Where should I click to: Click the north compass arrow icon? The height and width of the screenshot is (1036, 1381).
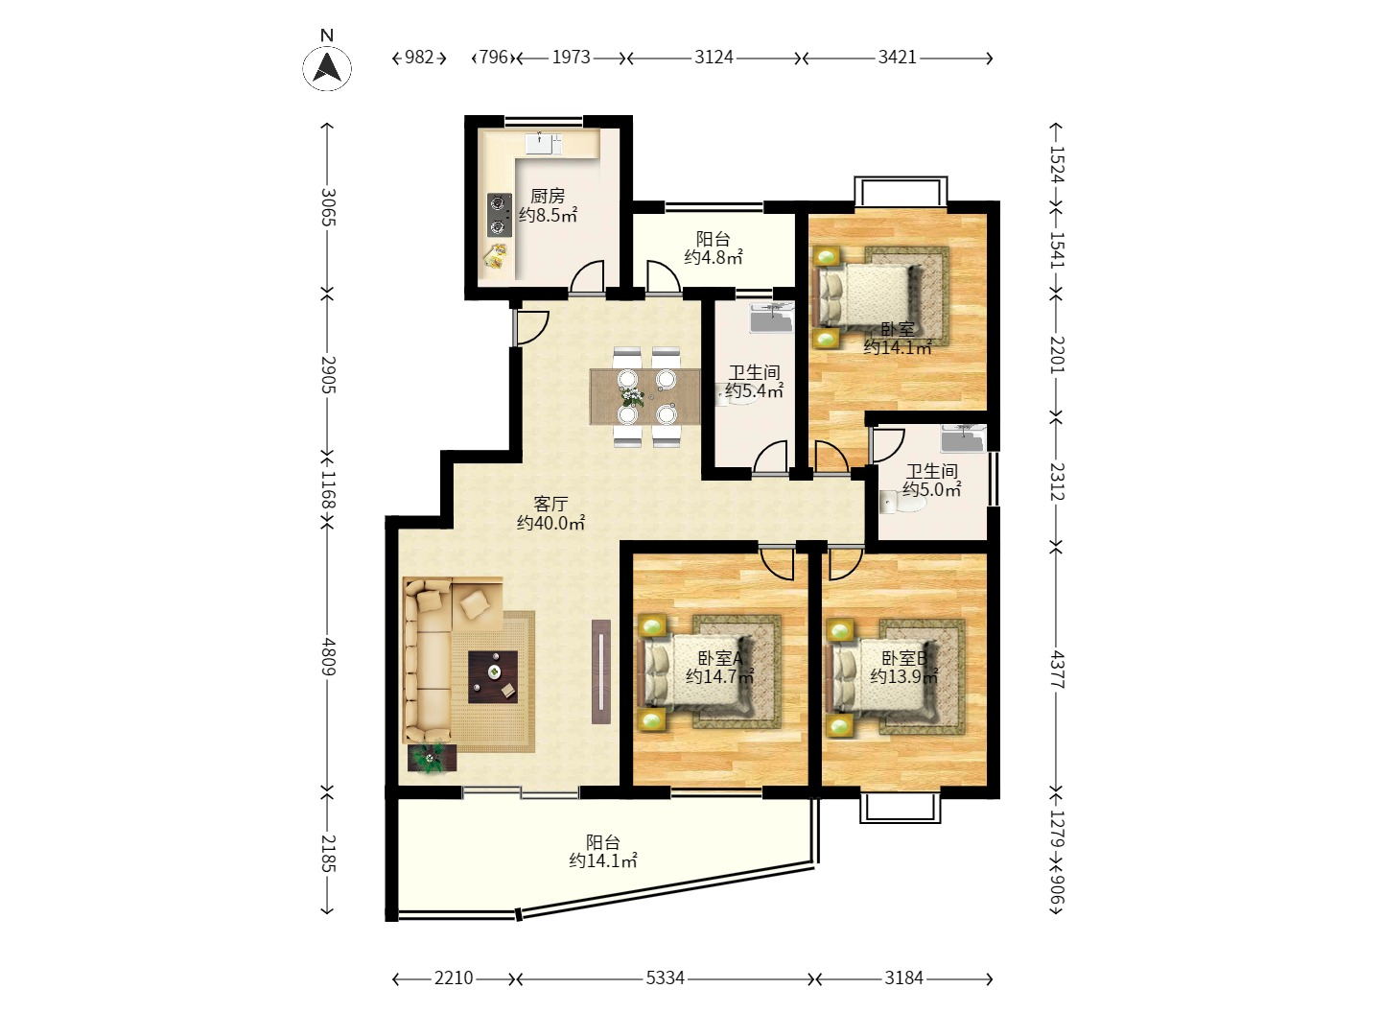tap(326, 68)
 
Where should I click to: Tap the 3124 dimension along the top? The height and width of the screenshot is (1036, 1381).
tap(714, 58)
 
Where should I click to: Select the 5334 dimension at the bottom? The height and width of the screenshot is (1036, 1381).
tap(665, 978)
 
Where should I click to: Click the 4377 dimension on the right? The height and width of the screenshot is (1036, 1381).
tap(1057, 671)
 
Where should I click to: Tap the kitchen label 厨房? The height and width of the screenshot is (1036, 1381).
tap(548, 197)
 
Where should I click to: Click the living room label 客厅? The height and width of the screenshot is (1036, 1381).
tap(550, 504)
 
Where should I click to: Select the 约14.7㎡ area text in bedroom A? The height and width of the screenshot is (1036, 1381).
tap(719, 677)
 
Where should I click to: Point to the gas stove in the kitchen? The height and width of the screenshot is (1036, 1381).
tap(500, 215)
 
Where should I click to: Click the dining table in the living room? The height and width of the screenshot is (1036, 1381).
tap(644, 396)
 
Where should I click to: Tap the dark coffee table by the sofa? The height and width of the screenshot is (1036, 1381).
tap(493, 677)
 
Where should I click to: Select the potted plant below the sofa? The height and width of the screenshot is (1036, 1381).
tap(431, 759)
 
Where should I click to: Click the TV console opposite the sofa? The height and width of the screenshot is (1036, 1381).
tap(601, 671)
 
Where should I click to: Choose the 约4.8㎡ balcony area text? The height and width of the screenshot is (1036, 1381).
tap(714, 257)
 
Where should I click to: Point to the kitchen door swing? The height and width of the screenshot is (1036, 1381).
tap(588, 277)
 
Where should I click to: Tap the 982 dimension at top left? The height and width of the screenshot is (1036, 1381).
tap(419, 58)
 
